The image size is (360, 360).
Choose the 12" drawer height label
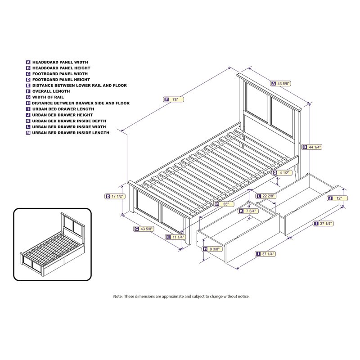pos(337,198)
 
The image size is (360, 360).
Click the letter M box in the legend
pos(28,132)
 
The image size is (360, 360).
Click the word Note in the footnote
pos(117,297)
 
